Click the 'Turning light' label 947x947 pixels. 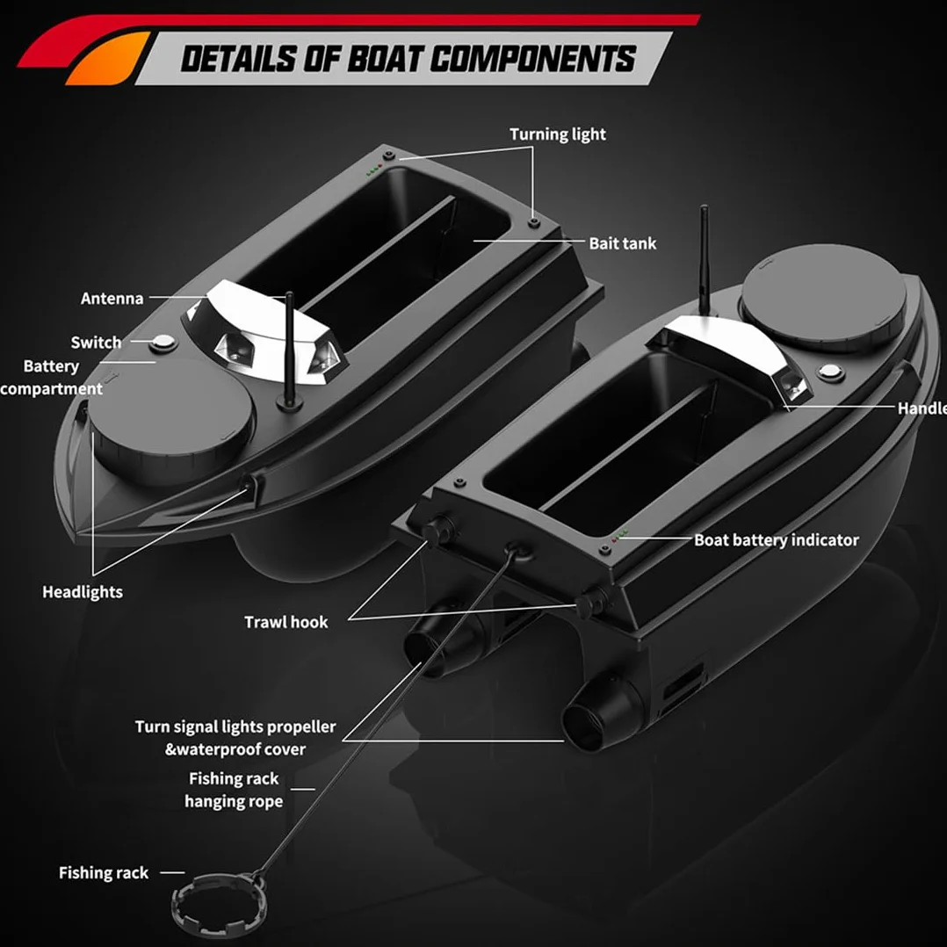tap(558, 134)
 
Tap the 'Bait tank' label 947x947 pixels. tap(623, 243)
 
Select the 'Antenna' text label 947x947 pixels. tap(112, 299)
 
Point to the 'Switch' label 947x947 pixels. tap(96, 343)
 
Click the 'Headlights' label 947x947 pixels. tap(83, 592)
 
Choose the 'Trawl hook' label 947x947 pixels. tap(286, 622)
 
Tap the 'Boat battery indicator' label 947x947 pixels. tap(777, 540)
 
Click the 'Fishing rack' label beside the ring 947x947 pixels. tap(104, 872)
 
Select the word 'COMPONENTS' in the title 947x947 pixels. tap(533, 59)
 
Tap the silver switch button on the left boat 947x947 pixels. tap(163, 343)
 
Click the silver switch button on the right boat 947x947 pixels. tap(831, 372)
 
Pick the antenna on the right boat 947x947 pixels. tap(705, 261)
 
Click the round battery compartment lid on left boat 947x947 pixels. tap(172, 416)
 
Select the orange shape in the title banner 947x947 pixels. tap(105, 59)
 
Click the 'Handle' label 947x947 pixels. tap(922, 408)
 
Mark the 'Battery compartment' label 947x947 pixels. tap(51, 378)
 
